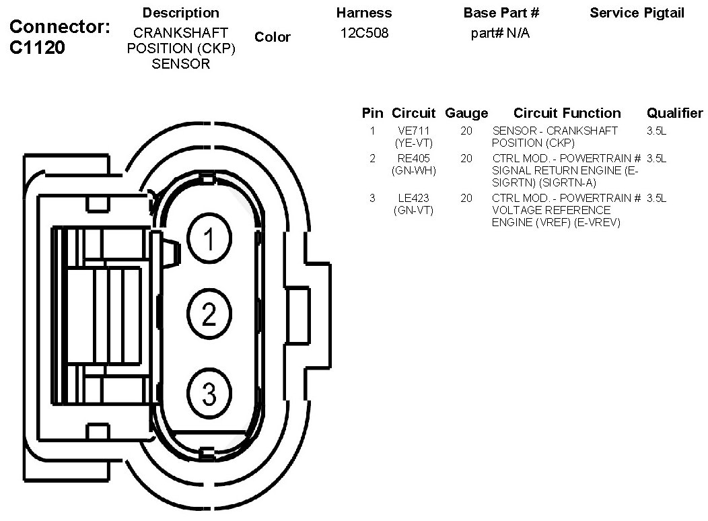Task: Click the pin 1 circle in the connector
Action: (209, 238)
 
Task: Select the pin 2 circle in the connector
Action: (209, 314)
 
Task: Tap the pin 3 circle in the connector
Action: (209, 393)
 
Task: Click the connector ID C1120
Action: (37, 47)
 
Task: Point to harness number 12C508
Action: (364, 33)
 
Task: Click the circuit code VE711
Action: (414, 131)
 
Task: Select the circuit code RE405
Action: (414, 158)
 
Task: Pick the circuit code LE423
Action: (414, 198)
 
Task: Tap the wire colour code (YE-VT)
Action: (414, 143)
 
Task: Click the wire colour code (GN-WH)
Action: (414, 171)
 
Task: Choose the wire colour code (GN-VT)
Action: (414, 211)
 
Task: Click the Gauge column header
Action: (466, 113)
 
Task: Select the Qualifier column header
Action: (674, 113)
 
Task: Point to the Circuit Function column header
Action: (567, 113)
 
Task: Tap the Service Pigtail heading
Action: (637, 13)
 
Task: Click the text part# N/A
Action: (500, 34)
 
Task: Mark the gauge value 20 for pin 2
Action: (466, 158)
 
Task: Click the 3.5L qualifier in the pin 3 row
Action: (657, 198)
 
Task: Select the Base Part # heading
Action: (501, 13)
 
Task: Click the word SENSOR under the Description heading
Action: (180, 64)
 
